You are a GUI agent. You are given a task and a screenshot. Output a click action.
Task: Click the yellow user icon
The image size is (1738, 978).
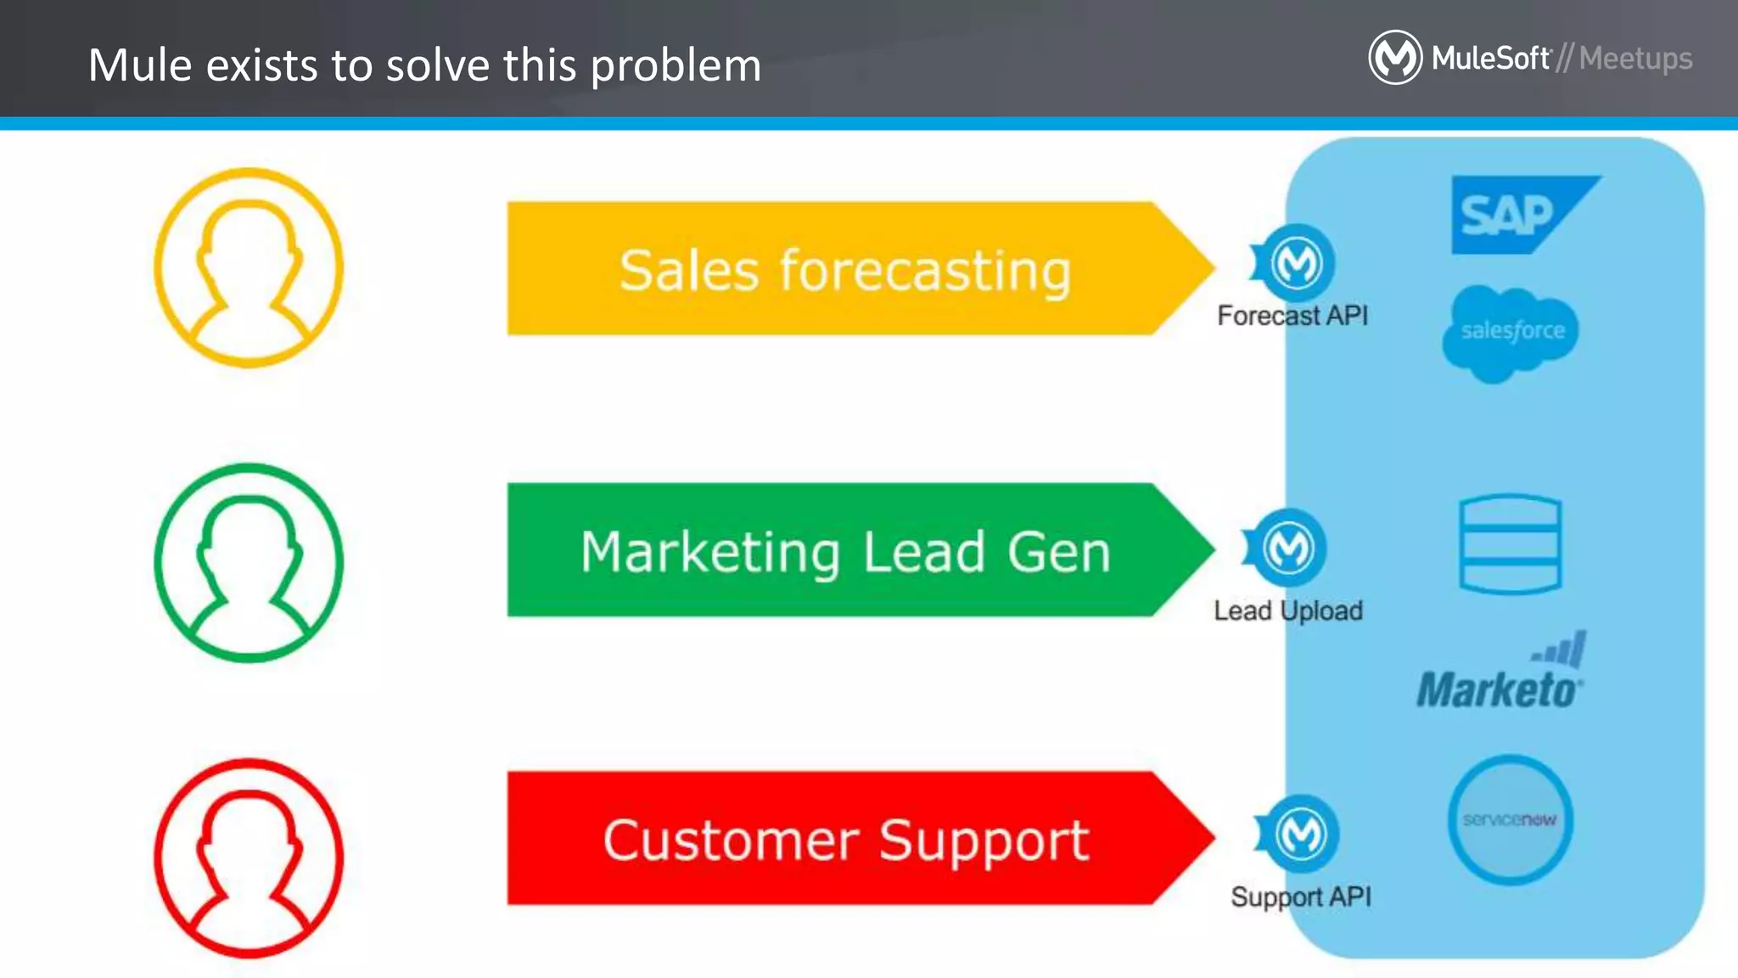click(249, 267)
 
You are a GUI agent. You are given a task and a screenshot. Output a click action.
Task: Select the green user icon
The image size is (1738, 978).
click(249, 562)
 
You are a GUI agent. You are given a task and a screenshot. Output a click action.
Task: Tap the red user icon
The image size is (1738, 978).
click(249, 857)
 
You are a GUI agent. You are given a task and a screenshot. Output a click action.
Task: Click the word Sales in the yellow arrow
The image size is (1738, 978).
click(688, 272)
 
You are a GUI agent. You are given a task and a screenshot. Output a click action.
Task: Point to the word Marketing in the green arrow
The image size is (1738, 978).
click(709, 553)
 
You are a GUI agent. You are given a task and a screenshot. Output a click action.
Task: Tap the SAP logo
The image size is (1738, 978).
click(1519, 214)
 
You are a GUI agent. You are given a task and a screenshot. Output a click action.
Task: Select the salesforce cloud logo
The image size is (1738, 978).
click(1511, 332)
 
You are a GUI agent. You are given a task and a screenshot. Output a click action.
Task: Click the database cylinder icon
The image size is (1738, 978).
click(1510, 544)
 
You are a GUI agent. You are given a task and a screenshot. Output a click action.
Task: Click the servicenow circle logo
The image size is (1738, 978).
click(1510, 819)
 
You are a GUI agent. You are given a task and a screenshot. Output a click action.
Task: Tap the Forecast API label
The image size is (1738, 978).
click(1292, 316)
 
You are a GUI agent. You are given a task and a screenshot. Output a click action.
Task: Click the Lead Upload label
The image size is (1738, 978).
click(1288, 610)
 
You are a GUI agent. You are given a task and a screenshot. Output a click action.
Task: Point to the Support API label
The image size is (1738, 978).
click(1301, 896)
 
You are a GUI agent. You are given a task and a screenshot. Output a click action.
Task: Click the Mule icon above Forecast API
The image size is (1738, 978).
click(1296, 263)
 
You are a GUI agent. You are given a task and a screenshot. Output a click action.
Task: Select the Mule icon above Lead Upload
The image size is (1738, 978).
click(1288, 548)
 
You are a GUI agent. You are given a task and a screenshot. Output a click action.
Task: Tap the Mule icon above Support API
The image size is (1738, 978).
click(1301, 835)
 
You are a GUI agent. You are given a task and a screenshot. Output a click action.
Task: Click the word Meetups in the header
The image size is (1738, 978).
click(1635, 59)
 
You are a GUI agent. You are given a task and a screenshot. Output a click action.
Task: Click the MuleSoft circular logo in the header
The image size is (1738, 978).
click(1395, 58)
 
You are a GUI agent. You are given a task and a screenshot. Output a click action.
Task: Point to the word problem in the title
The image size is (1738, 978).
click(676, 66)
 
